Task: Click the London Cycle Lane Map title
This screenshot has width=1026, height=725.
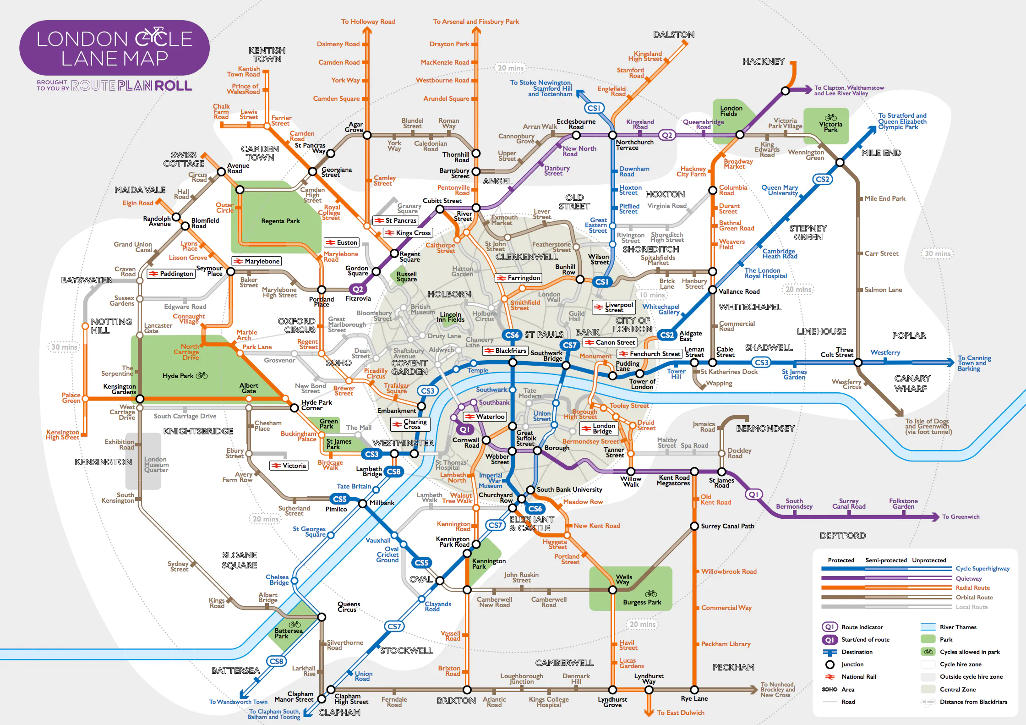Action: [115, 49]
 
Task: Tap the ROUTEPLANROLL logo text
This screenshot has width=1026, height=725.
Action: [131, 86]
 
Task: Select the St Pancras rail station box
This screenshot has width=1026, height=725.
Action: [395, 220]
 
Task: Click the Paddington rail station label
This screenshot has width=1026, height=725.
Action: [171, 274]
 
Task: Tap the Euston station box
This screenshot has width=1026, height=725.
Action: [342, 242]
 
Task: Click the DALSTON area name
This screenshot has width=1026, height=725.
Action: [674, 35]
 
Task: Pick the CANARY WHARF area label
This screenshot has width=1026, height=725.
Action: [912, 384]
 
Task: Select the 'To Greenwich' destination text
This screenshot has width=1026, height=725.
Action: [961, 516]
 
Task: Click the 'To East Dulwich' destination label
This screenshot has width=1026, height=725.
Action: [681, 713]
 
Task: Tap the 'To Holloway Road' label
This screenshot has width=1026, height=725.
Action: [368, 22]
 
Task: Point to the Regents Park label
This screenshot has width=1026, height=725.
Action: [280, 221]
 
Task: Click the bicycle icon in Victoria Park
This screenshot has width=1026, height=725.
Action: [830, 117]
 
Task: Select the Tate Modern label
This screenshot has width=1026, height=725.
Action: [529, 393]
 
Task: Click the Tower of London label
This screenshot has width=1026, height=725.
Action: [642, 384]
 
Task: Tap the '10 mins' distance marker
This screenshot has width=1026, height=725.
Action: [651, 295]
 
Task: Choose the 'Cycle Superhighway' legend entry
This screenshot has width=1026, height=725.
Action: [982, 569]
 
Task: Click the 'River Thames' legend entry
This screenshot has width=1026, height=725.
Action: [958, 627]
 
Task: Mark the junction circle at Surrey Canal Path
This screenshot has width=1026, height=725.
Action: [694, 526]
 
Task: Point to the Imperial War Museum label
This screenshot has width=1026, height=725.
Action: [491, 481]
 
